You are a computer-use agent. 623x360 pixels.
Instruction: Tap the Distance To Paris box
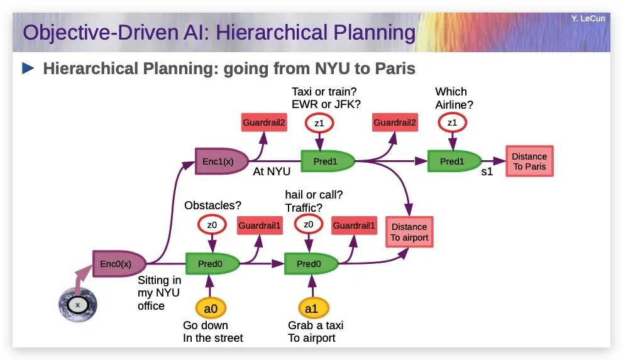(x=529, y=161)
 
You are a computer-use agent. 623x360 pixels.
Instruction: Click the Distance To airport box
(x=409, y=232)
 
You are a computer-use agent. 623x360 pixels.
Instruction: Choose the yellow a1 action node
(x=312, y=308)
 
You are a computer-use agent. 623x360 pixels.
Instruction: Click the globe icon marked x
(x=78, y=305)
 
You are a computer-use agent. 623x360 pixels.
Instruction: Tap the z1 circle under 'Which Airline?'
(x=451, y=123)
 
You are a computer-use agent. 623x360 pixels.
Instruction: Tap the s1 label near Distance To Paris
(x=487, y=172)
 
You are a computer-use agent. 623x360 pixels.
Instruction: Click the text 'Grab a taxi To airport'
(x=316, y=332)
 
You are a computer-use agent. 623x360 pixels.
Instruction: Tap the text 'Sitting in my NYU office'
(x=160, y=293)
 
